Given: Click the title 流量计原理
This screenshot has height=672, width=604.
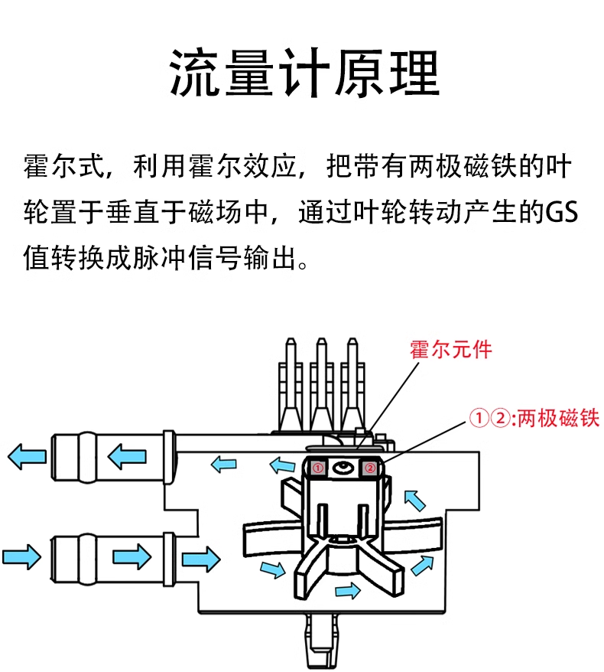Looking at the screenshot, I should tap(302, 75).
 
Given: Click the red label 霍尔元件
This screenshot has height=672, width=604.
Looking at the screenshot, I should tap(451, 350).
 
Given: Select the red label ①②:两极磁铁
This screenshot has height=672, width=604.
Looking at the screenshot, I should tap(534, 418).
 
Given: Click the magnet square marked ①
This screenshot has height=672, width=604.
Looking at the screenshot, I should tap(318, 467).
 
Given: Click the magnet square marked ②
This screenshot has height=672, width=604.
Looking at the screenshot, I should tap(369, 467).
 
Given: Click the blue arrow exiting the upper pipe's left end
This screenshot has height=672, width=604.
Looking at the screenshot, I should tap(26, 457).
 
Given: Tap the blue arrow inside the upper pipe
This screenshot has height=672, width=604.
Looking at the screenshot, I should tap(126, 458).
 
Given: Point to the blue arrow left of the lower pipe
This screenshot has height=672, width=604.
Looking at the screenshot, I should tap(21, 555).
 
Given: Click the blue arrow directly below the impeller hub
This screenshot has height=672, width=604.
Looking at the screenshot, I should tap(348, 590).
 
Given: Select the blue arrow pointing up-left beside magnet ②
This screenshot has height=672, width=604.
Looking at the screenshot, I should tap(414, 501).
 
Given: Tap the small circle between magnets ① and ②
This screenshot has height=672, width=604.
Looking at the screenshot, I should tap(343, 467).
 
